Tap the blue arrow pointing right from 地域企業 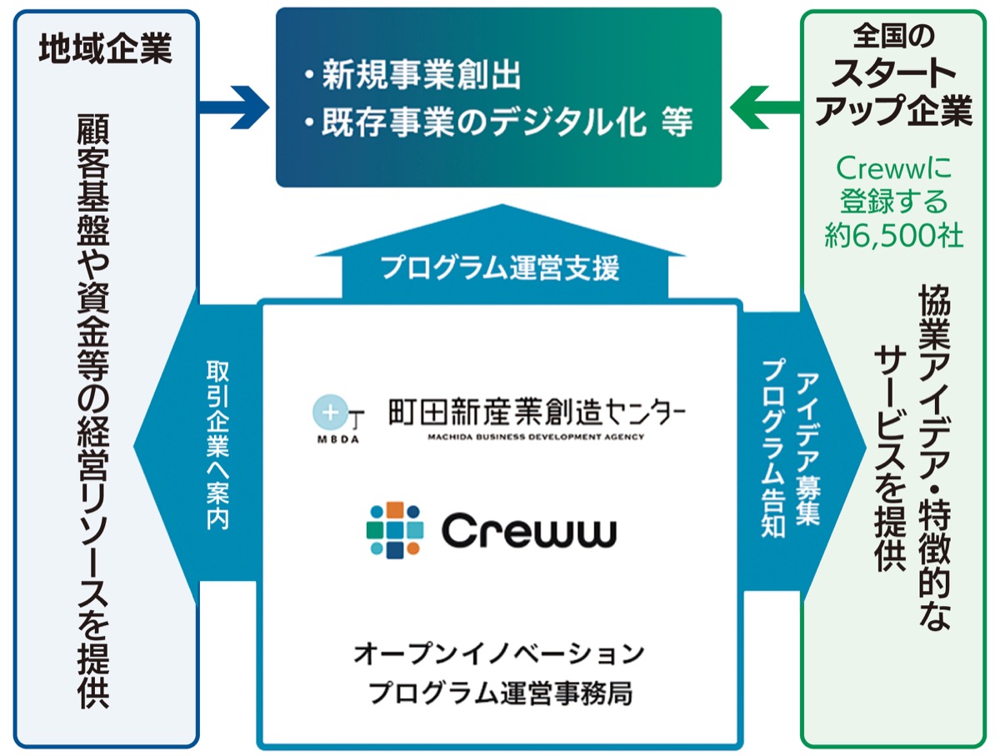233,107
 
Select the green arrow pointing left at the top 763,107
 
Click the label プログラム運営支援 500,269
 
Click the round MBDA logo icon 325,413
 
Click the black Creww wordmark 528,530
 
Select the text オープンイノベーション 499,653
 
